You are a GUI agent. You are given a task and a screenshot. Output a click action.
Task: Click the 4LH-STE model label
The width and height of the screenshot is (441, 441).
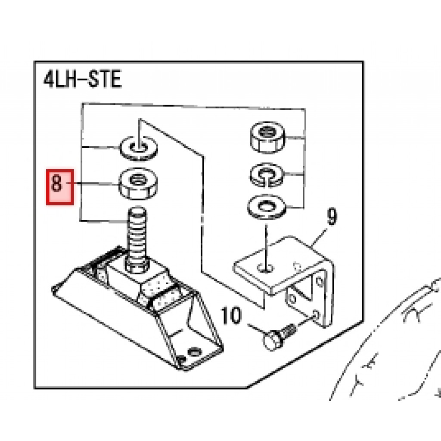[82, 79]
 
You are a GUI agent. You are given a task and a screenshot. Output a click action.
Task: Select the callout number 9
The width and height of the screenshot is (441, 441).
[332, 217]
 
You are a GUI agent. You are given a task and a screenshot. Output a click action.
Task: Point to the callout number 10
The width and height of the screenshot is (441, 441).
[231, 315]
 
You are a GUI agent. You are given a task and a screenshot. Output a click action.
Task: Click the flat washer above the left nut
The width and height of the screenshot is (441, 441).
[139, 149]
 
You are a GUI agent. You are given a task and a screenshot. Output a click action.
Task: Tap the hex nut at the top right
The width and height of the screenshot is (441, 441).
[267, 137]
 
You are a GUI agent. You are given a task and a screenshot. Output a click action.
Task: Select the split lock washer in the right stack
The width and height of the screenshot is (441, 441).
[266, 175]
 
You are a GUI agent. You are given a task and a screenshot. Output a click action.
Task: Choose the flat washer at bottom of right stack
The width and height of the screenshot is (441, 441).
[266, 207]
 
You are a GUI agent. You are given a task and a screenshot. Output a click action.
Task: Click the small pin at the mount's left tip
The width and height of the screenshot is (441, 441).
[56, 289]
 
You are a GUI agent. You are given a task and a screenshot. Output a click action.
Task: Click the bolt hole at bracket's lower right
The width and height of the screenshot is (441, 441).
[316, 315]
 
